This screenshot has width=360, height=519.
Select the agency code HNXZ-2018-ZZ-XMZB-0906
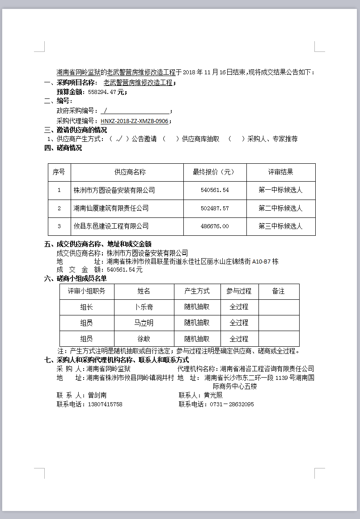(x=134, y=121)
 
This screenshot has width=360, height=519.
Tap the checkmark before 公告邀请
(x=119, y=139)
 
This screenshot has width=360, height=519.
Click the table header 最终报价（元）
(x=215, y=172)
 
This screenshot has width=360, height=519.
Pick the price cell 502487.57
(x=215, y=208)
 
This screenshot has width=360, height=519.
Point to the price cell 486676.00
(x=215, y=226)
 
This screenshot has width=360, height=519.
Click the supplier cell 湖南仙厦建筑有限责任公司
(x=111, y=208)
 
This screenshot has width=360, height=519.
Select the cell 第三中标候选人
(x=280, y=226)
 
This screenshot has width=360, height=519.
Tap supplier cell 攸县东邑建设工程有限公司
(x=111, y=226)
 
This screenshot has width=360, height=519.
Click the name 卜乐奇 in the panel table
(x=144, y=307)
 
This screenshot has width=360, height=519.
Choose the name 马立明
(x=144, y=323)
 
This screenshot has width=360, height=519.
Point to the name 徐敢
(x=144, y=339)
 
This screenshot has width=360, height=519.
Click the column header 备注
(x=278, y=291)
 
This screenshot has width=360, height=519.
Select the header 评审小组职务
(x=87, y=291)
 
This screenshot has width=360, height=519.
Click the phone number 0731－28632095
(x=229, y=404)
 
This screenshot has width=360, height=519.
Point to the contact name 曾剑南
(x=97, y=396)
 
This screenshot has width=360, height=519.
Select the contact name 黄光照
(x=213, y=396)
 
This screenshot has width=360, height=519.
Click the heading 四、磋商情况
(x=63, y=148)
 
